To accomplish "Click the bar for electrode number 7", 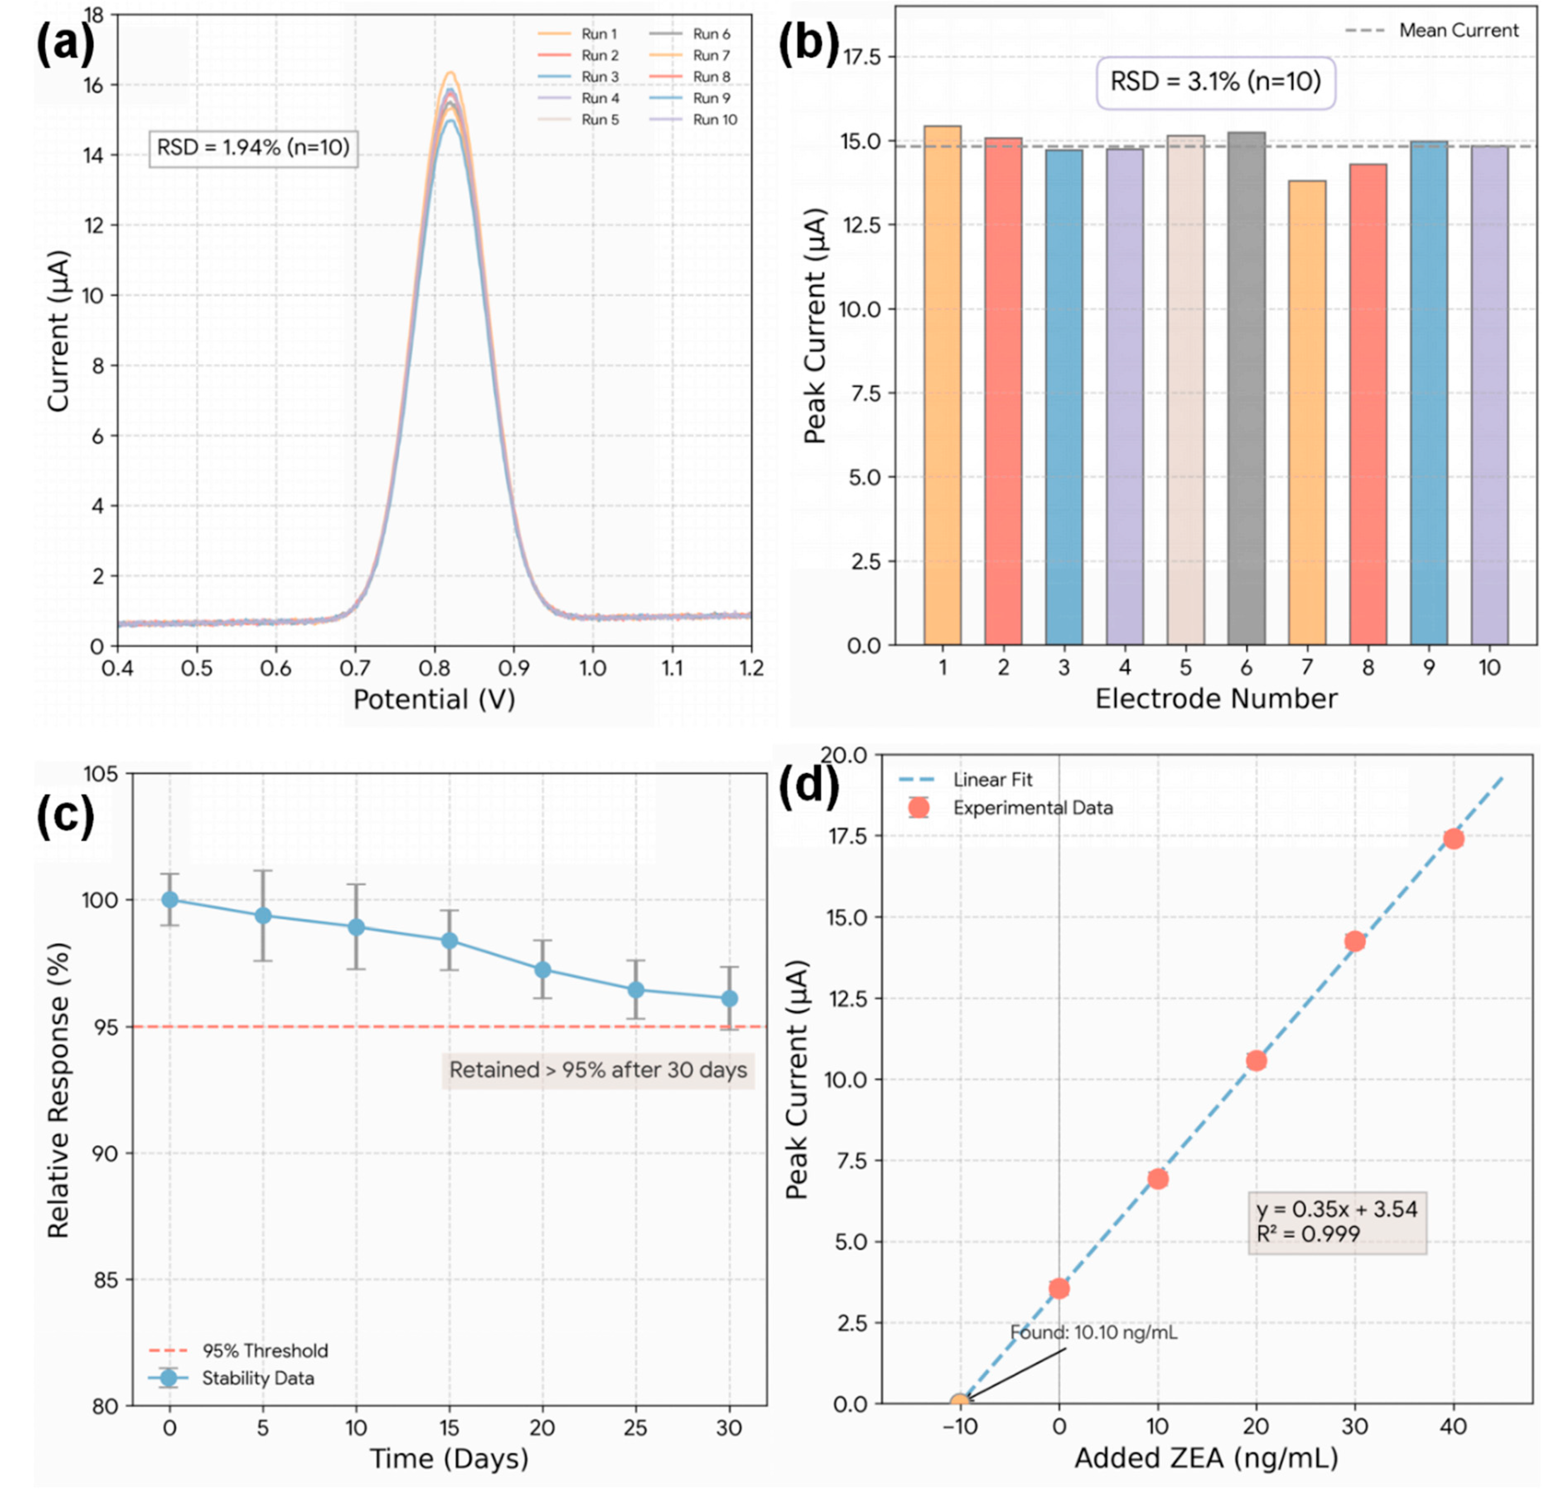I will tap(1307, 412).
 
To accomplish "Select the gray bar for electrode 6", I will tap(1246, 388).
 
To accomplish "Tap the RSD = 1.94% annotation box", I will tap(253, 148).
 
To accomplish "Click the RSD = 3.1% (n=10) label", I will tap(1216, 82).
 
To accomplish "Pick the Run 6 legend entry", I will tap(711, 34).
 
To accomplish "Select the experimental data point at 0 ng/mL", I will tap(1059, 1288).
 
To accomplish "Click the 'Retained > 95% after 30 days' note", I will tap(598, 1070).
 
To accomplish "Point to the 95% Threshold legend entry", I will tap(264, 1351).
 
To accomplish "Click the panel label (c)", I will tap(65, 815).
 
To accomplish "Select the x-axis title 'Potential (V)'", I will tap(434, 699).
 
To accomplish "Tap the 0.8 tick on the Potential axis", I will tap(434, 669).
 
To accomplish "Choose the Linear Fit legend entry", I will tap(992, 780).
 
